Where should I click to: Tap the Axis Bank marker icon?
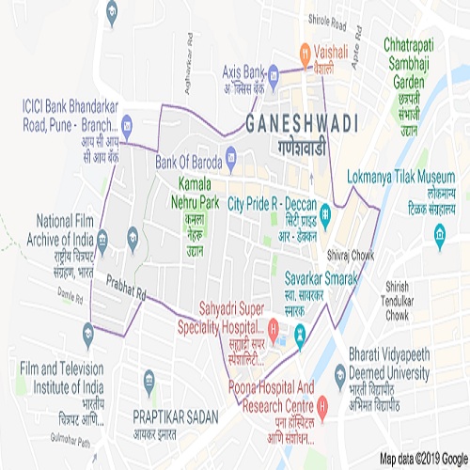272,70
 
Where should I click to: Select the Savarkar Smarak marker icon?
300,332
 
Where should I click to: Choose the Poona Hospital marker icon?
323,406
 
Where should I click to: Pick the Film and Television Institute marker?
88,330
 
